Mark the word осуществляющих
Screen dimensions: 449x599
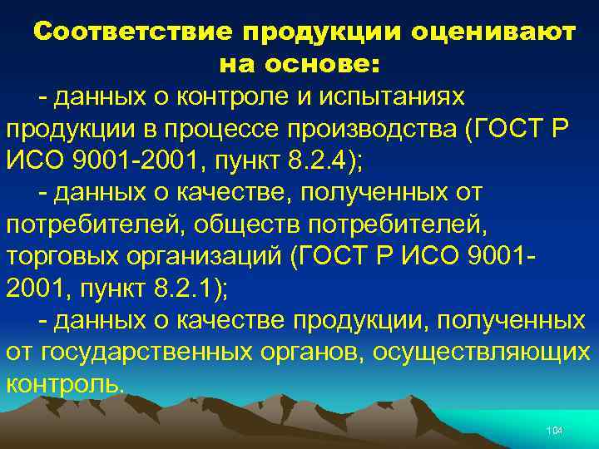coord(482,352)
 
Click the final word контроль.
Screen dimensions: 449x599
coord(65,383)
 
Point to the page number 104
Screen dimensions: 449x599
coord(554,430)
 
